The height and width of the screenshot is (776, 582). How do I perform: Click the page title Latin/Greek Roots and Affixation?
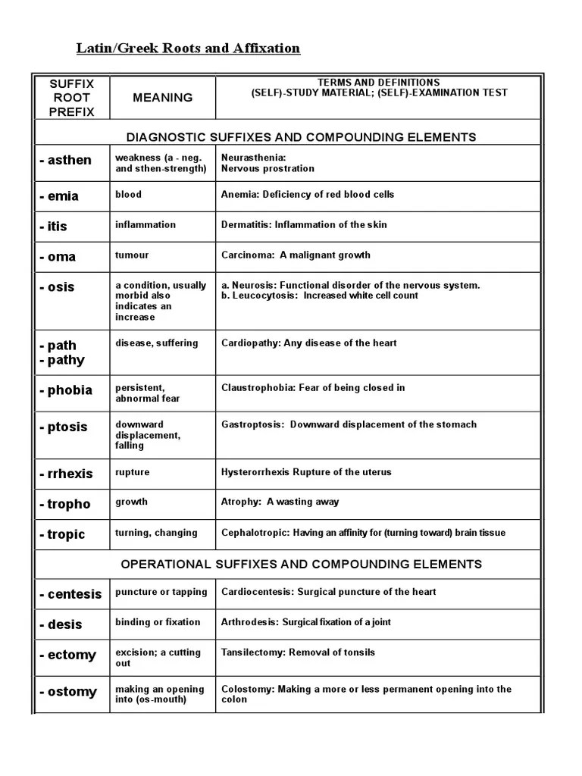click(188, 48)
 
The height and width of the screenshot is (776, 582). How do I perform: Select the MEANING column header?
click(162, 97)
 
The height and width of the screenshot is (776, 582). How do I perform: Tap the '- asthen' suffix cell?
click(66, 160)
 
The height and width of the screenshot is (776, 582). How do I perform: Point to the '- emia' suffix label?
click(59, 196)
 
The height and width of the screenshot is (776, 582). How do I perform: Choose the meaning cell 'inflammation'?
click(145, 224)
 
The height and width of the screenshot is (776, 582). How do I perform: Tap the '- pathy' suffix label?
click(62, 360)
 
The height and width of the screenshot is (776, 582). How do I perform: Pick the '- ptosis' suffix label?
click(64, 427)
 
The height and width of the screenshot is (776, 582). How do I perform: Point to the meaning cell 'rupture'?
click(133, 472)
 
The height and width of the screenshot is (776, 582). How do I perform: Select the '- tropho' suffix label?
click(65, 504)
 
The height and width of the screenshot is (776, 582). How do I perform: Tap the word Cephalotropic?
click(254, 533)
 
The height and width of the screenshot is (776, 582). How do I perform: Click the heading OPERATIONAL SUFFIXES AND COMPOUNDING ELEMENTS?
click(302, 564)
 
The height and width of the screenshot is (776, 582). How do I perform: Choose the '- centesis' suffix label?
click(70, 594)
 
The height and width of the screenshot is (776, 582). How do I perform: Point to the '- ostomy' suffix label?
click(69, 691)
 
